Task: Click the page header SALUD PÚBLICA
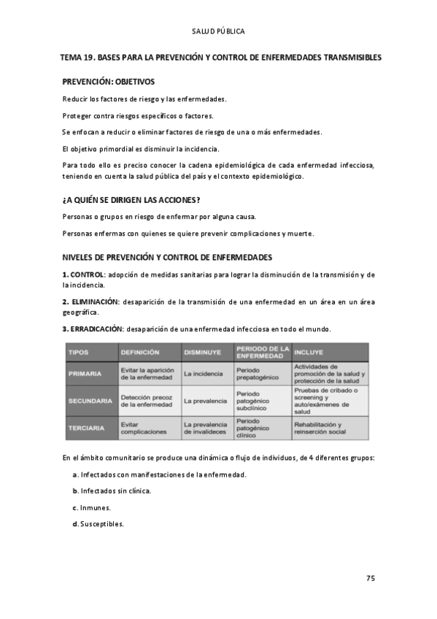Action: coord(218,31)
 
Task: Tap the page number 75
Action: coord(370,578)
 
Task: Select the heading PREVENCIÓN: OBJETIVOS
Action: coord(108,82)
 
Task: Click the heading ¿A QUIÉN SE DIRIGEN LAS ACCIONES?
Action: coord(131,199)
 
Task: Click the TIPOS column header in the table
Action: coord(78,352)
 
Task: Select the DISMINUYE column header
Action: coord(203,352)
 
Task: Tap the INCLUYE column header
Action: coord(309,352)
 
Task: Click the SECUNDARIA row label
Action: coord(90,401)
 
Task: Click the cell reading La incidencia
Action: coord(204,374)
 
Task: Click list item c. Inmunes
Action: coord(92,507)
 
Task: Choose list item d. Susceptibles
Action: coord(98,524)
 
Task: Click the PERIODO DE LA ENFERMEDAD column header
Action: coord(263,352)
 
